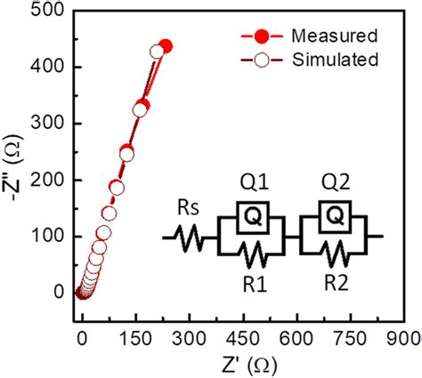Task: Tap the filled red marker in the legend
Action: [260, 36]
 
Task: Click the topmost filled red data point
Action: [165, 46]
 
